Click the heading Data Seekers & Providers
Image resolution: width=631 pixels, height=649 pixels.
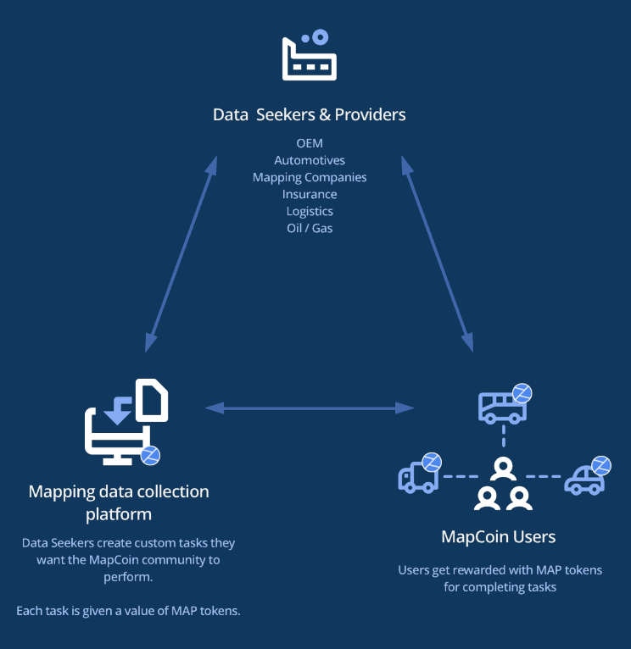[310, 114]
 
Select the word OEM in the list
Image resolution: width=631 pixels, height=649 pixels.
[310, 143]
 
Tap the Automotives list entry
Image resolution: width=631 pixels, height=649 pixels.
[310, 160]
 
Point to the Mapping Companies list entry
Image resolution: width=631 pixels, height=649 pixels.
[310, 177]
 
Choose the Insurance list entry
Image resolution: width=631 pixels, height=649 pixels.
[310, 194]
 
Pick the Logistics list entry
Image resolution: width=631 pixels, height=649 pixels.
[310, 211]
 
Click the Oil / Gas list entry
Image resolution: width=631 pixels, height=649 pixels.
[310, 228]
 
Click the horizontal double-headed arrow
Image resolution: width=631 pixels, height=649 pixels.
[310, 408]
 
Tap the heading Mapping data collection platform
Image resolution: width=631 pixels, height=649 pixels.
[119, 502]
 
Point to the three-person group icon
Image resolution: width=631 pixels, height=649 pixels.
[503, 485]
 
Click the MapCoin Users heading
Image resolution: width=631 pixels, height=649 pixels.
[498, 537]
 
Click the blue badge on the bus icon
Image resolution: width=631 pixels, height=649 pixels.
[522, 392]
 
